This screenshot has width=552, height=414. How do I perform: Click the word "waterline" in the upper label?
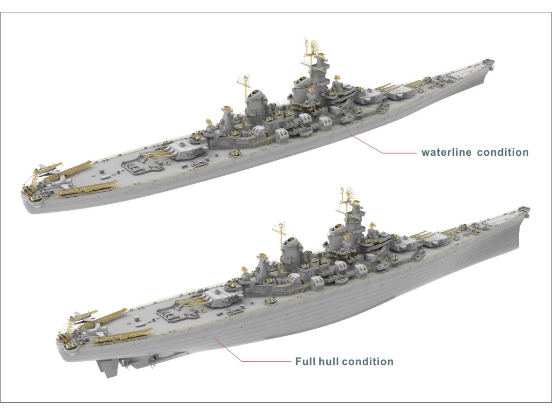(446, 153)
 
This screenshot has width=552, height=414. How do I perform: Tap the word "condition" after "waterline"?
(502, 153)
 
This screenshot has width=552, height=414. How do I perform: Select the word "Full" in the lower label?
(305, 361)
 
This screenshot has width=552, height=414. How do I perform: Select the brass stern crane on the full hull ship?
(68, 329)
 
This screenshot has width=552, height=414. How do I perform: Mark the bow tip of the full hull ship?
(528, 209)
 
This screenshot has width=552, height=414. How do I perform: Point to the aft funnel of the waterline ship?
(256, 99)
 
